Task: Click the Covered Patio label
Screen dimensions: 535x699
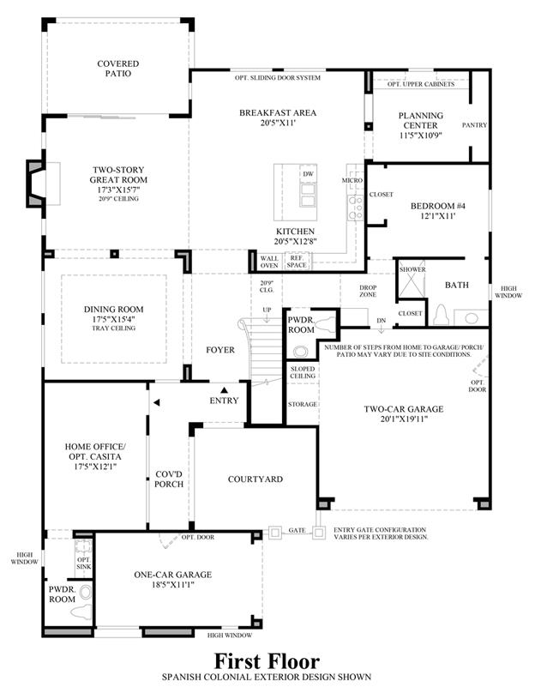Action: [x=118, y=69]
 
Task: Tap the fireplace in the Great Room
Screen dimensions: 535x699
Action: [x=36, y=184]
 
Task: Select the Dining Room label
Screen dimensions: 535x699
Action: [x=113, y=310]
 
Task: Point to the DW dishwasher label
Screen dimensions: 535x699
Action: [x=309, y=174]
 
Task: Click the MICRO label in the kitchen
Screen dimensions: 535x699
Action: [x=352, y=181]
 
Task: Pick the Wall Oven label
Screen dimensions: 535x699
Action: [x=269, y=262]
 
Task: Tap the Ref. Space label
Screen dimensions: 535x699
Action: [x=297, y=262]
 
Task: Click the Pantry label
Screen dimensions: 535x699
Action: [x=474, y=125]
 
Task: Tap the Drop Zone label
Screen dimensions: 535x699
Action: [x=368, y=291]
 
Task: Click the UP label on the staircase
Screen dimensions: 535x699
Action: [x=267, y=310]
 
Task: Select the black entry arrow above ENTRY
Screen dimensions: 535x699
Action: [x=224, y=390]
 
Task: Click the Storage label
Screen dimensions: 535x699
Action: [x=303, y=404]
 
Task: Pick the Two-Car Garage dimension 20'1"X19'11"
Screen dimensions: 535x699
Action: [x=404, y=419]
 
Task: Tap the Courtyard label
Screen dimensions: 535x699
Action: [x=255, y=479]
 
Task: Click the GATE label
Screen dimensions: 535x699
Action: [x=298, y=531]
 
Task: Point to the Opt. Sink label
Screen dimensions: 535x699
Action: [x=84, y=563]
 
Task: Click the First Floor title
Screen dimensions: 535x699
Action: [x=267, y=661]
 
